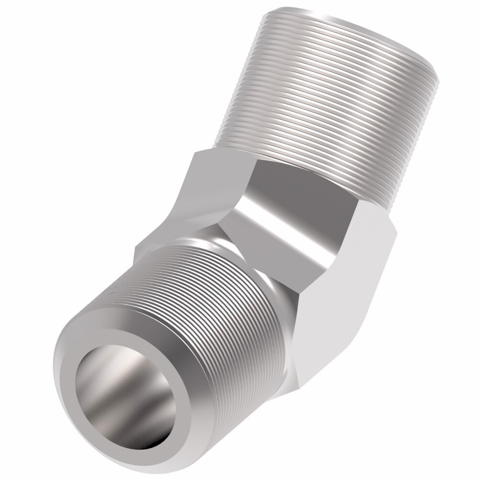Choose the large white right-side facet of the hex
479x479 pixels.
[x=345, y=297]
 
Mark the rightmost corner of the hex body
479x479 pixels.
[x=395, y=228]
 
